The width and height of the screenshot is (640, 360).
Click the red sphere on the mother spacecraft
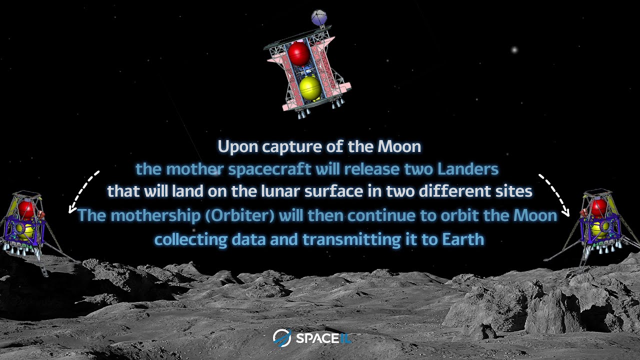click(x=299, y=53)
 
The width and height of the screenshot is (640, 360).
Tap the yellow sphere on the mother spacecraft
click(x=310, y=88)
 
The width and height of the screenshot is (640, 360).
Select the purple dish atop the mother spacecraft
click(x=319, y=18)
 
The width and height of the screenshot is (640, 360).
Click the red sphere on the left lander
click(x=26, y=209)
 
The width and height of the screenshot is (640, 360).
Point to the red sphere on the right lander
click(x=598, y=207)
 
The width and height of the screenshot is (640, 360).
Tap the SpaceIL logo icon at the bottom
click(x=282, y=338)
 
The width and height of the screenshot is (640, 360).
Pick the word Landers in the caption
click(x=468, y=169)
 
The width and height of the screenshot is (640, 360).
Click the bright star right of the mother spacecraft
click(x=514, y=49)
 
